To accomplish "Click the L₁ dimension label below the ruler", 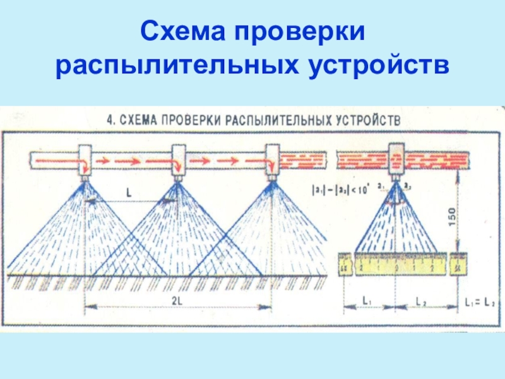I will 367,301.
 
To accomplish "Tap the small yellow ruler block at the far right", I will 458,265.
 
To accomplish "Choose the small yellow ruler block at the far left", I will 345,265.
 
